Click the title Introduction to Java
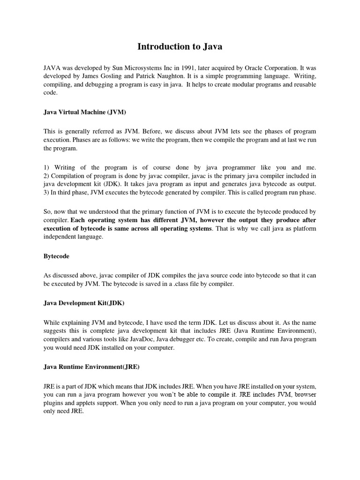click(x=180, y=46)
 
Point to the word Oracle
click(x=251, y=68)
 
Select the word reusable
click(x=302, y=84)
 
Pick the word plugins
click(x=53, y=403)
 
